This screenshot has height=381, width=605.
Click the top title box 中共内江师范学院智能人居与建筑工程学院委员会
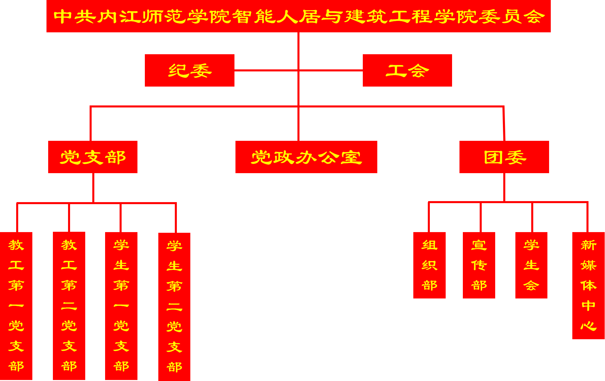point(298,16)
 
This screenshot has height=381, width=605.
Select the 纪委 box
point(189,70)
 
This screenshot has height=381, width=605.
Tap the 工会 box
point(407,70)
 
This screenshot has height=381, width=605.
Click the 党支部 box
point(93,157)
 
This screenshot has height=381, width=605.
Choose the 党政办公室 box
point(306,157)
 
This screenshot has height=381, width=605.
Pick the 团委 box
point(504,157)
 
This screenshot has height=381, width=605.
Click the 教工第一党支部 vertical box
point(16,306)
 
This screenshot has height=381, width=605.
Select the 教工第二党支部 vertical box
point(69,306)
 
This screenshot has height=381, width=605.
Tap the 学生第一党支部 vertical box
point(121,306)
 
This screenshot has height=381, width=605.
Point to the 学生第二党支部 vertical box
point(174,307)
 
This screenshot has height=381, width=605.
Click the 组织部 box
point(429,265)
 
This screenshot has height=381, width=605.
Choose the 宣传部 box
point(479,265)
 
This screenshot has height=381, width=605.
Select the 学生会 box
point(531,265)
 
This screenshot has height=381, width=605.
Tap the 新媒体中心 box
point(588,285)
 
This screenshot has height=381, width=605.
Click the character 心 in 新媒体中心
point(588,326)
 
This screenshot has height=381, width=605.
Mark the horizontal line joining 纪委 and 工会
point(266,70)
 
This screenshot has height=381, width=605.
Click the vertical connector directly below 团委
point(504,187)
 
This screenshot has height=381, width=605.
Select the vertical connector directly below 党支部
point(93,188)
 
